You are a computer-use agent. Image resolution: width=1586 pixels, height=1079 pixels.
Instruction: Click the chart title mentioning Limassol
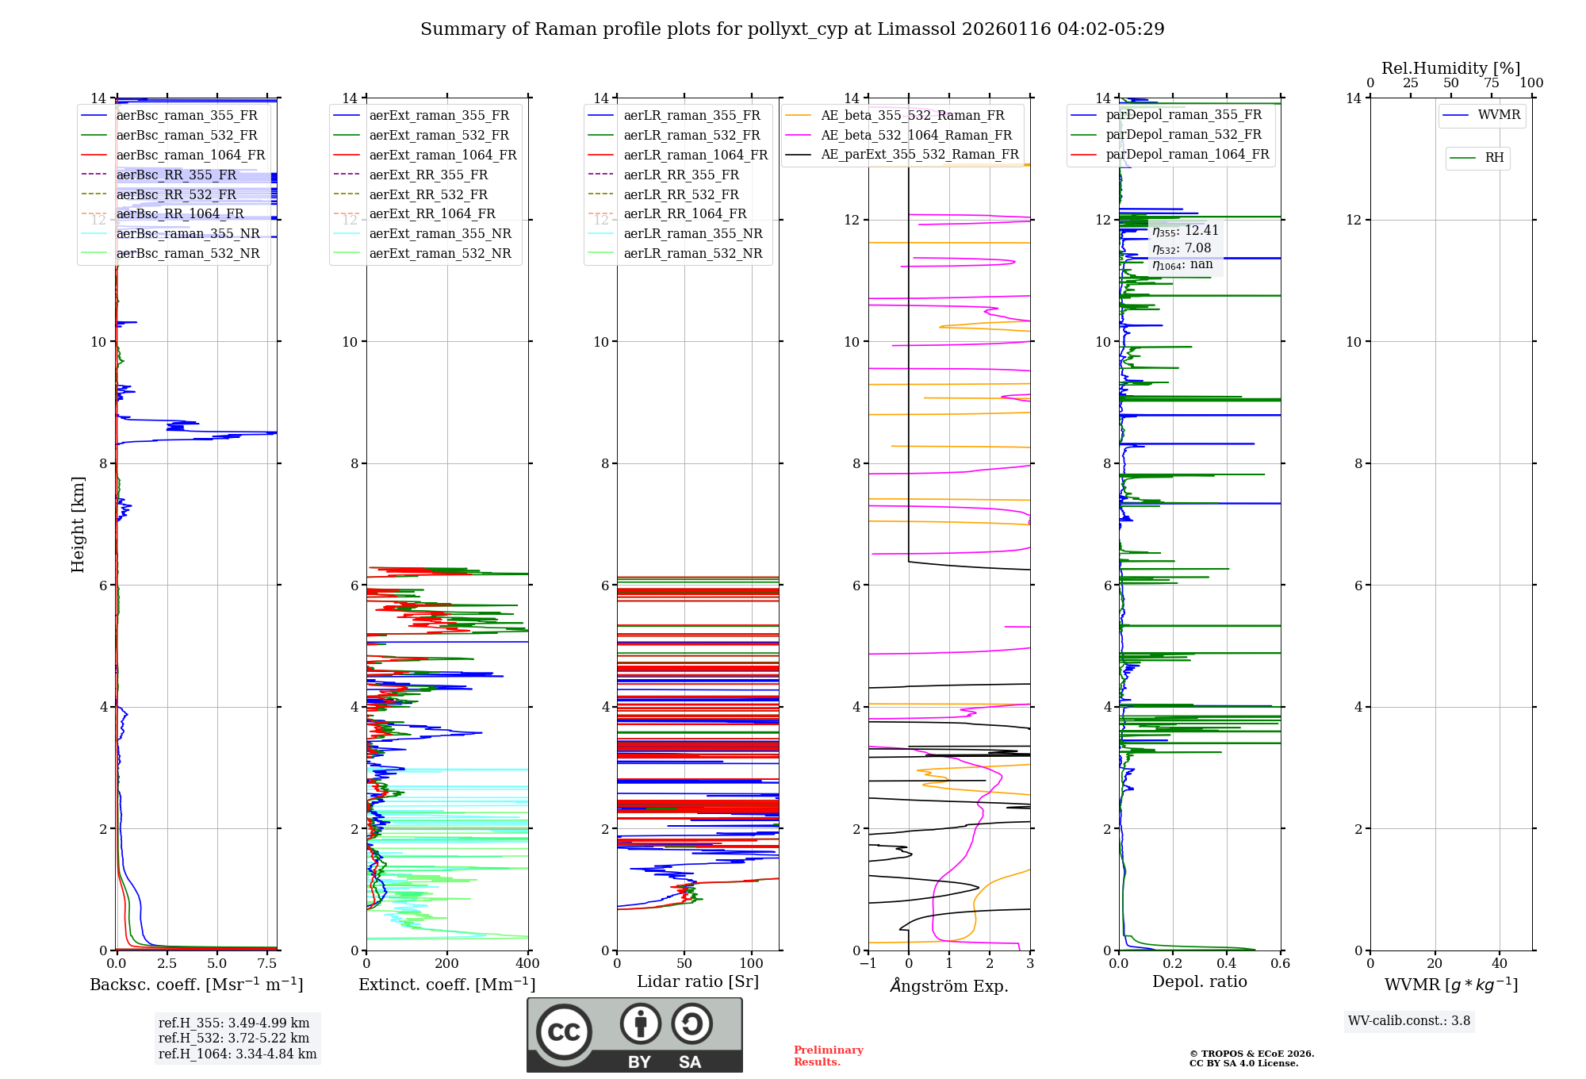(x=792, y=29)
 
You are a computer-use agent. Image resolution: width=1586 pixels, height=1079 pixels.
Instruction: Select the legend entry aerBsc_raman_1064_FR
(x=190, y=156)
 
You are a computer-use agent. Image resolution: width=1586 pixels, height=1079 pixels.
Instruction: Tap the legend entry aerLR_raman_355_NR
(x=692, y=234)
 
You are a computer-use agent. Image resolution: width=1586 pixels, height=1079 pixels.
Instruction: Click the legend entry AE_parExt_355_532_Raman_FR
(x=919, y=155)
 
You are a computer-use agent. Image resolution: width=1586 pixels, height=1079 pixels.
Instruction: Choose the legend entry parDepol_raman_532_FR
(x=1183, y=135)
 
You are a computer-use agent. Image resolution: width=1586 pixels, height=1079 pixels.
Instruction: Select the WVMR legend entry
(x=1499, y=115)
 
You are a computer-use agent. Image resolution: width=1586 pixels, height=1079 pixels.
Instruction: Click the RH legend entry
(x=1494, y=158)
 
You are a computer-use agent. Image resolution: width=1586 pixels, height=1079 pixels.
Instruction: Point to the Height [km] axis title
(x=78, y=524)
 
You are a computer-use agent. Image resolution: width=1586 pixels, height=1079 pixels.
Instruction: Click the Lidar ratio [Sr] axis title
(x=698, y=981)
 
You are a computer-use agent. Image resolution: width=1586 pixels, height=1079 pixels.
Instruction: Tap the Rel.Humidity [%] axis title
(x=1450, y=68)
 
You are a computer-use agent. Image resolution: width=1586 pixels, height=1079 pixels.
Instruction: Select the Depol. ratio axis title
(x=1199, y=981)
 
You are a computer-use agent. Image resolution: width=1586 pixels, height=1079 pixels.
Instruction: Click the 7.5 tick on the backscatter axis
(x=267, y=964)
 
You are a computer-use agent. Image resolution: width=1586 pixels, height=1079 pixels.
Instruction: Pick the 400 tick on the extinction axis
(x=527, y=964)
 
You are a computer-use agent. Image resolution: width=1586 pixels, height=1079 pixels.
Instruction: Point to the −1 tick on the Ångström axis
(x=868, y=964)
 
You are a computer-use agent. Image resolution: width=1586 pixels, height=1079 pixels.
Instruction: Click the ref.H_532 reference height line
(x=233, y=1038)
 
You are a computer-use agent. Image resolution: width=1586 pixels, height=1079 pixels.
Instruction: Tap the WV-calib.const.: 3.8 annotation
(x=1409, y=1021)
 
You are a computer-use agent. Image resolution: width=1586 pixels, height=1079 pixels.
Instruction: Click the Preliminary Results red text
(x=828, y=1056)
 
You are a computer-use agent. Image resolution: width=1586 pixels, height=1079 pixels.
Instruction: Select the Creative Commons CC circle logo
(x=564, y=1032)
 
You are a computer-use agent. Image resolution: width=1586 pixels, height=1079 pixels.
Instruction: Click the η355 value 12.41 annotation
(x=1186, y=231)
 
